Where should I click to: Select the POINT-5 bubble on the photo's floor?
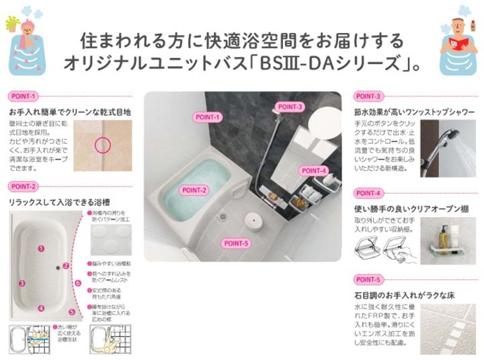(236, 243)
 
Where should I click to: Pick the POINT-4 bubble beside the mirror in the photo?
(314, 170)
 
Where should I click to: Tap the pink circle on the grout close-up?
(102, 143)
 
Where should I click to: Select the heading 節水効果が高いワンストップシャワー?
(414, 112)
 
